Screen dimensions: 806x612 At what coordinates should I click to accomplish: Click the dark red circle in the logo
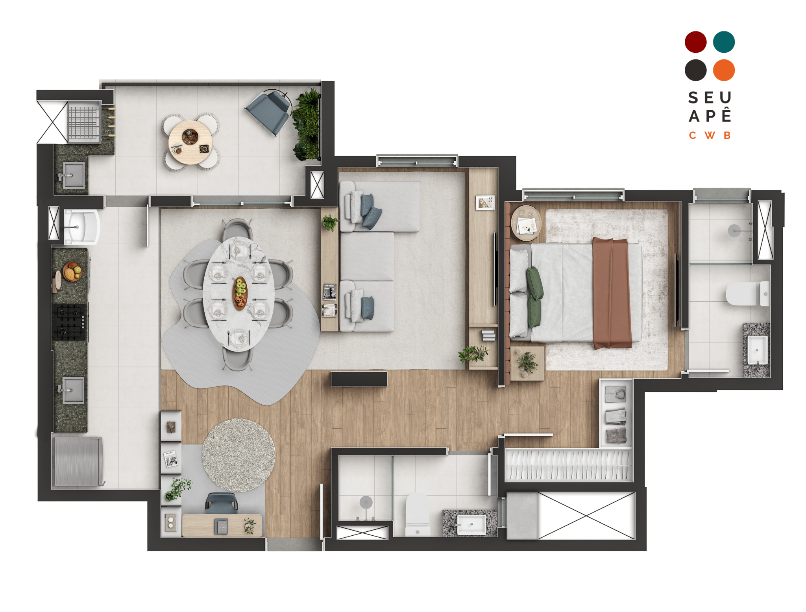pos(695,42)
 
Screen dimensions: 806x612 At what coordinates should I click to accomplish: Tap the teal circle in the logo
pos(724,42)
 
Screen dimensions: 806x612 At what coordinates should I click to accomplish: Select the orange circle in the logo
pos(724,70)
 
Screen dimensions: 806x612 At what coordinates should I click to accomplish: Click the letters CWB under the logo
pos(710,135)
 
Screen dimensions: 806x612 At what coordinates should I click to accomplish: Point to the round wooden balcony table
pos(190,142)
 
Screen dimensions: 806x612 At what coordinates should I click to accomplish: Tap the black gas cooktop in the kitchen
pos(70,322)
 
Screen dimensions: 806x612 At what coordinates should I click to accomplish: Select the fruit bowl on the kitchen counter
pos(73,271)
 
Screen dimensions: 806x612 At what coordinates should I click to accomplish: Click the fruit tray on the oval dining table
pos(240,293)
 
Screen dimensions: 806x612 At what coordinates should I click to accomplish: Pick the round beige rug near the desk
pos(238,455)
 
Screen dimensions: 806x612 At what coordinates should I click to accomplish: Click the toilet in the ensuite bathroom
pos(748,293)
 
